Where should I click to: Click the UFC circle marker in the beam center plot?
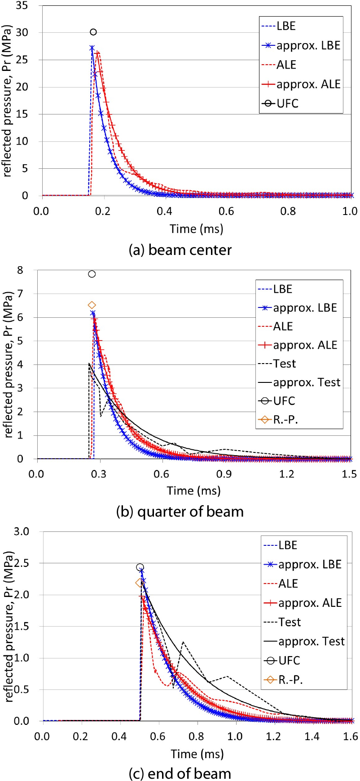[x=93, y=32]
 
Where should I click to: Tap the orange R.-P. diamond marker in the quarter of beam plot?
[x=92, y=305]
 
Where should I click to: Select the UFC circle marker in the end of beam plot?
[x=140, y=567]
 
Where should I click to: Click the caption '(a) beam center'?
[x=180, y=250]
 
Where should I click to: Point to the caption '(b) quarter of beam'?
[x=180, y=511]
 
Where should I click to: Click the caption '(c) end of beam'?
[x=180, y=773]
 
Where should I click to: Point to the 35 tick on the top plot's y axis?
[x=22, y=5]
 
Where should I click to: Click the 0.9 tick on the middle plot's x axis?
[x=224, y=474]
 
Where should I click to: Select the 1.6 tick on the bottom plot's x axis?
[x=351, y=736]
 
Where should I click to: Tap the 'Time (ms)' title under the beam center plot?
[x=196, y=228]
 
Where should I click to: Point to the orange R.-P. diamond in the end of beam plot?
[x=139, y=583]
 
